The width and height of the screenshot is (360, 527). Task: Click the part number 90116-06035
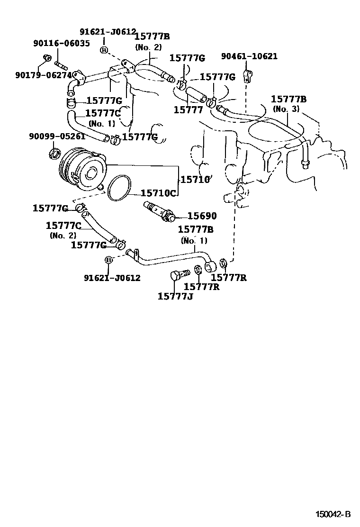tap(61, 43)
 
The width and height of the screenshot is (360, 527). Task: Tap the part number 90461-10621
tap(249, 56)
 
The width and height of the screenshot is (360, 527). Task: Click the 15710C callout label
tap(159, 194)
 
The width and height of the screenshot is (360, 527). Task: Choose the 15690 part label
tap(202, 216)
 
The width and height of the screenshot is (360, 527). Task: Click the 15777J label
tap(175, 297)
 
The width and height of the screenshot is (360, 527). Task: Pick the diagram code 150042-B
tap(333, 514)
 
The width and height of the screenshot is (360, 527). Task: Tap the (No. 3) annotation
tap(286, 109)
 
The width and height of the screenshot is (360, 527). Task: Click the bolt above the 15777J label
tap(179, 275)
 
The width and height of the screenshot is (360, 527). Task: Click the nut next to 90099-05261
tap(54, 153)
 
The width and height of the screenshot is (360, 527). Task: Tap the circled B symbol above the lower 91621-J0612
tap(108, 260)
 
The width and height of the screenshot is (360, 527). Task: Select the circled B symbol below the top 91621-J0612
tap(104, 50)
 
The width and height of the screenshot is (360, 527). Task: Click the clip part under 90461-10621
tap(248, 75)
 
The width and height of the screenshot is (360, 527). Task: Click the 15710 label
tap(194, 179)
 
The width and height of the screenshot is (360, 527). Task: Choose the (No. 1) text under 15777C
tap(101, 124)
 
